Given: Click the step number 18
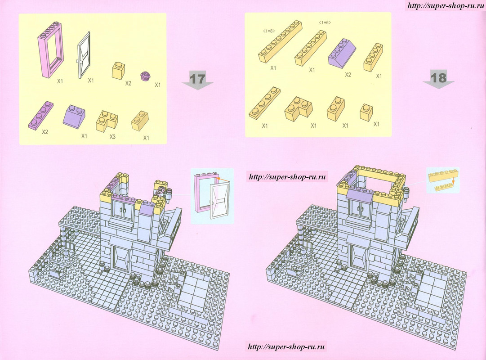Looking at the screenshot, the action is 438,77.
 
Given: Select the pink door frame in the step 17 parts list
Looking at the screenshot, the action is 51,49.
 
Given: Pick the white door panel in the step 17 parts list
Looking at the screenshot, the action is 84,55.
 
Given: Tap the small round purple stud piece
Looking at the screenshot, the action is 145,76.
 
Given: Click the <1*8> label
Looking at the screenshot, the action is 268,31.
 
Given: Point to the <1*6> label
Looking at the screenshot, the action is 325,22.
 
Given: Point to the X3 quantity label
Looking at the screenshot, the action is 112,136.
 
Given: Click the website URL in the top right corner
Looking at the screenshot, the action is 446,6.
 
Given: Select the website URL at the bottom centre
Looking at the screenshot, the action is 286,346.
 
